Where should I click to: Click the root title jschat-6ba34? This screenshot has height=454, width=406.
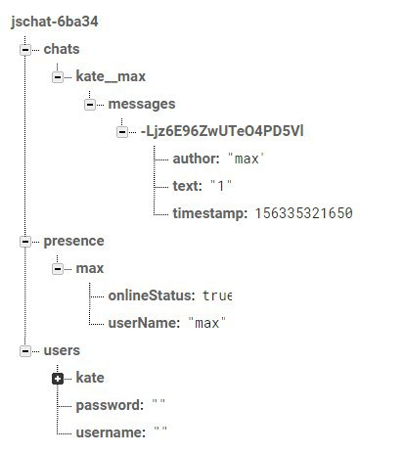coord(55,22)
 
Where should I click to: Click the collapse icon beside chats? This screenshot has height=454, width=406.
coord(25,50)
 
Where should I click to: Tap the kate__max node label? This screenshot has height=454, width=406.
coord(111,76)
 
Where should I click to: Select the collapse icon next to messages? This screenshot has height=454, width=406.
coord(90,105)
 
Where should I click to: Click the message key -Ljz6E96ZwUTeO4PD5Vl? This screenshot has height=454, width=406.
coord(222,131)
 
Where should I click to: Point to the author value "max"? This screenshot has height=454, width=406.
coord(246,159)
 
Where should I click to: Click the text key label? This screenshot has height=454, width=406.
coord(187,186)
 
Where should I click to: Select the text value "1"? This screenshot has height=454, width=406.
coord(221,186)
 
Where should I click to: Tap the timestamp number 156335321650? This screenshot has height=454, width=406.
coord(303,213)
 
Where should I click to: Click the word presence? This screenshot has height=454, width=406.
coord(73,242)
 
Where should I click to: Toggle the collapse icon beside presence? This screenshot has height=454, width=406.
coord(25,242)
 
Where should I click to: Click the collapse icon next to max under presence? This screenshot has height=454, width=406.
coord(58,269)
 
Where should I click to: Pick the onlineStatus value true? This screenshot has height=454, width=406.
coord(217,295)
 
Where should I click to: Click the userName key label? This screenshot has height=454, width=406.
coord(144,323)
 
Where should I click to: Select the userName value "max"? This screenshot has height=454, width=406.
coord(206,323)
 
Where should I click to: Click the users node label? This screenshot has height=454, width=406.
coord(62,350)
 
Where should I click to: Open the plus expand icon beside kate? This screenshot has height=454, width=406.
coord(58,379)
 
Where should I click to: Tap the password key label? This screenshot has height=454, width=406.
coord(110,405)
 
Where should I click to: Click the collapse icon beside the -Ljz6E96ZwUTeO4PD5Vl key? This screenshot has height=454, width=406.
coord(122,132)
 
